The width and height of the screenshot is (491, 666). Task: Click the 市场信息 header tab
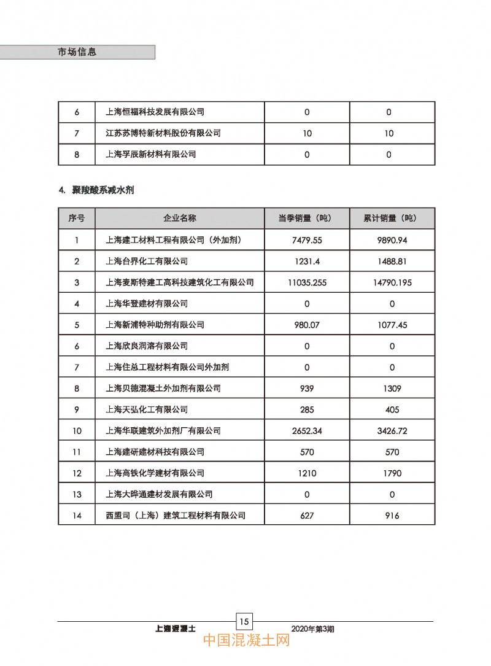pos(77,52)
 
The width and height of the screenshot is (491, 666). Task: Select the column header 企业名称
pos(179,219)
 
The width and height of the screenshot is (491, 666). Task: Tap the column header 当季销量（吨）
pos(306,219)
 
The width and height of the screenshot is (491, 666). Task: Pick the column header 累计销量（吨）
pos(389,219)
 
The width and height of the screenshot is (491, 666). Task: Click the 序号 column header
pos(77,219)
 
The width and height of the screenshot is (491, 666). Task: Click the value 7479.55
pos(307,240)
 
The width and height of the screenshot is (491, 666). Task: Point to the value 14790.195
pos(389,282)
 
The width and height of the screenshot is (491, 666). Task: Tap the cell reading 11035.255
pos(307,282)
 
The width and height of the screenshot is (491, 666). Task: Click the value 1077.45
pos(389,325)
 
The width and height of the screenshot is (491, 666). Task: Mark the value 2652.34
pos(307,431)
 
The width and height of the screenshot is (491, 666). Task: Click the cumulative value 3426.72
pos(389,431)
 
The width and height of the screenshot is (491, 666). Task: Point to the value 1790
pos(389,473)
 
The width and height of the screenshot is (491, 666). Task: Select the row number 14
pos(77,516)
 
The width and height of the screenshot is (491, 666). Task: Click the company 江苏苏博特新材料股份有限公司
pos(163,133)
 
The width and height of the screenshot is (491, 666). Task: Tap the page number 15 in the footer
pos(245,621)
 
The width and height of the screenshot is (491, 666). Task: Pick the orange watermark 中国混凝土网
pos(246,641)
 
